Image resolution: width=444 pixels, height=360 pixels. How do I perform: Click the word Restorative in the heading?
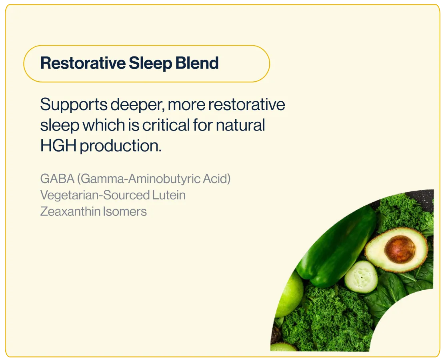pos(83,63)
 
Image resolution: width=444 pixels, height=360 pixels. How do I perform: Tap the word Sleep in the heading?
pos(150,64)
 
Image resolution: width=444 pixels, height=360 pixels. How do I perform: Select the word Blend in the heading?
pos(197,63)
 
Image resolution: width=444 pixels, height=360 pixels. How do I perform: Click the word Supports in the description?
pos(74,105)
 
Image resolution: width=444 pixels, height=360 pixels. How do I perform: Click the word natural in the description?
pos(240,125)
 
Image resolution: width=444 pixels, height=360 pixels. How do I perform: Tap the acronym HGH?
pos(58,146)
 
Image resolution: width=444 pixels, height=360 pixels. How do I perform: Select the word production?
pos(121,146)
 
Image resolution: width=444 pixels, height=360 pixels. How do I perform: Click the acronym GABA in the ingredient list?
pos(57,179)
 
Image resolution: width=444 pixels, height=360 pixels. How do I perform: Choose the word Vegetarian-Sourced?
pos(95,195)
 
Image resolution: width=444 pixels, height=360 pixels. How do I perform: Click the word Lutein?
pos(169,195)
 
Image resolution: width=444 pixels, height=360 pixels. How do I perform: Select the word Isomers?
pos(124,211)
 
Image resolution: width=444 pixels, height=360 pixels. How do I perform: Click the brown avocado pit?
pos(400,249)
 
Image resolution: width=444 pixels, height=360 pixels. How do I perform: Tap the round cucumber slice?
pos(361,277)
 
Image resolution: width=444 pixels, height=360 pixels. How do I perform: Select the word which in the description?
pos(104,125)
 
